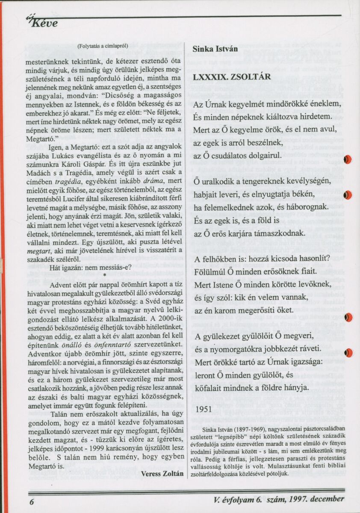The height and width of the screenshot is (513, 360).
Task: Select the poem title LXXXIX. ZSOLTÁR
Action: tap(232, 77)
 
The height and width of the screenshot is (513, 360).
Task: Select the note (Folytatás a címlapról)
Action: tap(103, 46)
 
